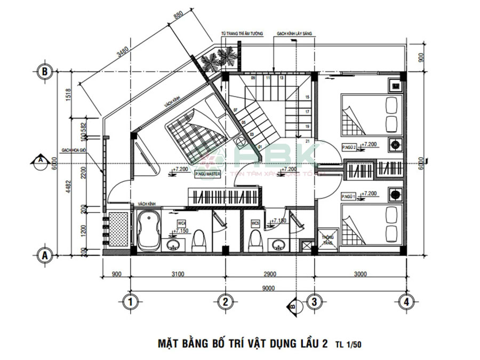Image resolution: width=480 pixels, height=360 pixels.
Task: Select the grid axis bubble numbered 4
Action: [x=406, y=302]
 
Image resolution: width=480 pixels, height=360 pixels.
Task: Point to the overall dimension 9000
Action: [x=268, y=289]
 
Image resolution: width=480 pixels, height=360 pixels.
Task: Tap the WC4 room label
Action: [x=181, y=223]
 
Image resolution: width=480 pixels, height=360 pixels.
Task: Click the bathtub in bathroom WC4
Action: [x=149, y=233]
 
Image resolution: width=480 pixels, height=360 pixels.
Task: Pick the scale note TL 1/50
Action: [x=348, y=345]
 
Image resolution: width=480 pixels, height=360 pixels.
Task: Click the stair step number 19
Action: [x=307, y=126]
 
